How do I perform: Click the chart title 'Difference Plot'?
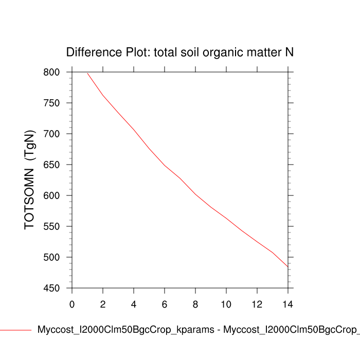[179, 52]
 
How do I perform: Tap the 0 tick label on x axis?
[72, 304]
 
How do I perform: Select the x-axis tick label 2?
[103, 304]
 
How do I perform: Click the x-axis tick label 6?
[165, 304]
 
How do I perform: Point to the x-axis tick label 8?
[195, 304]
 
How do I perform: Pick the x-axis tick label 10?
[226, 304]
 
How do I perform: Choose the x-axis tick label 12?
[257, 304]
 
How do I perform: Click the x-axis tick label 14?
[288, 304]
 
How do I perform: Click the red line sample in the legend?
[15, 330]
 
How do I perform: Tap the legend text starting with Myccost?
[198, 330]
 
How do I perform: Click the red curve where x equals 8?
[195, 194]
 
